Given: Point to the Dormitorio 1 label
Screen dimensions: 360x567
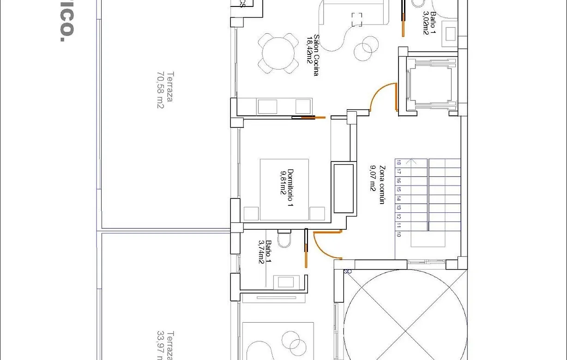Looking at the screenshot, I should [x=287, y=189].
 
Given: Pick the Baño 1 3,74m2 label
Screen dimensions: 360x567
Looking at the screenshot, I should [x=265, y=252].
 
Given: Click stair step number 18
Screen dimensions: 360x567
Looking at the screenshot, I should [x=398, y=162].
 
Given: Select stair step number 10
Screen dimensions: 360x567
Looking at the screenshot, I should [x=398, y=234].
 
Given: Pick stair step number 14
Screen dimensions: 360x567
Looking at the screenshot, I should [x=398, y=198].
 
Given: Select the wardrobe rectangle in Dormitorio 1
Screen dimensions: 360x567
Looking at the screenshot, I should [x=344, y=187].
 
